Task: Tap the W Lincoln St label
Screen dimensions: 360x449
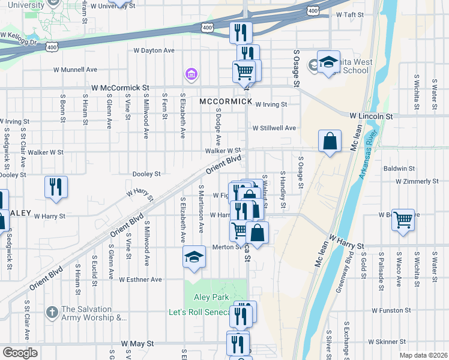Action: [371, 115]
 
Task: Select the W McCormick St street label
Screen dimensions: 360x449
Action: [120, 88]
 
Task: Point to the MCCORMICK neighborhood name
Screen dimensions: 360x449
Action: [226, 101]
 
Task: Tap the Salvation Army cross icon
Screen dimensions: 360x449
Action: [52, 312]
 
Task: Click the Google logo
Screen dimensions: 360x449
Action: [19, 353]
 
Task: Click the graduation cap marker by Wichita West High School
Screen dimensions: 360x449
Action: [328, 62]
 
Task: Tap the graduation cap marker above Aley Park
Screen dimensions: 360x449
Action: [194, 258]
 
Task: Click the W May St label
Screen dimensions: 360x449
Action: [137, 344]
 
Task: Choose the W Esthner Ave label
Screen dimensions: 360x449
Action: [140, 280]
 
